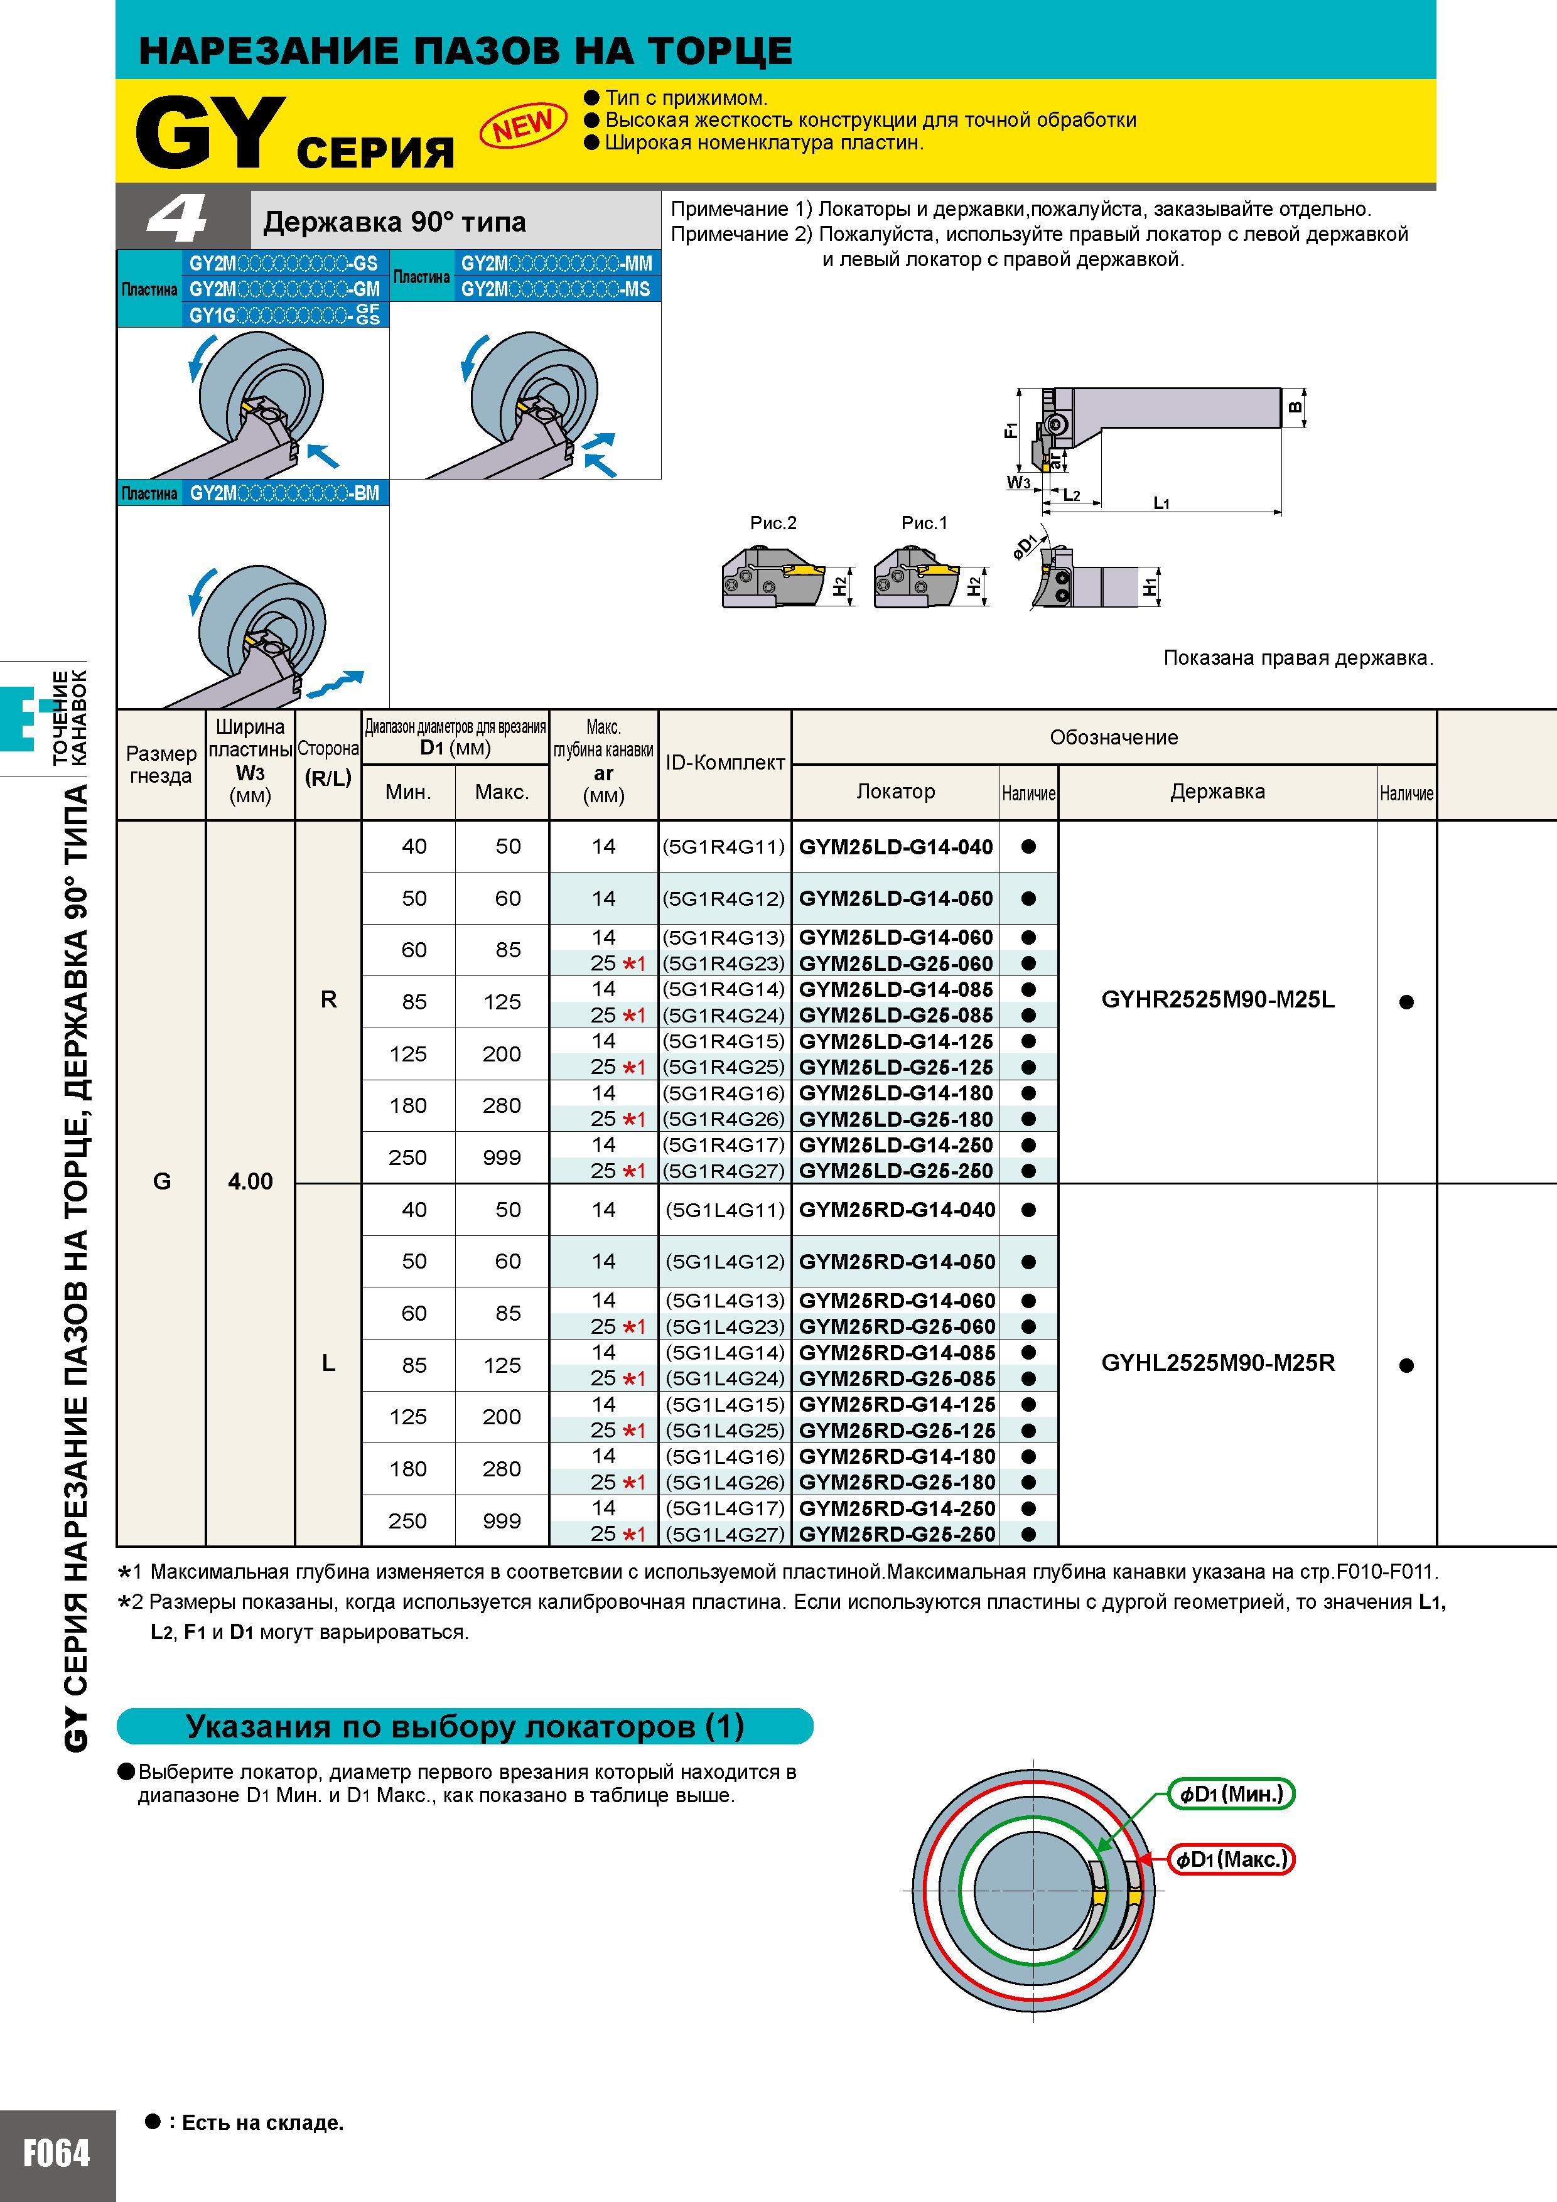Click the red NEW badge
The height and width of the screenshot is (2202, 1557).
tap(523, 125)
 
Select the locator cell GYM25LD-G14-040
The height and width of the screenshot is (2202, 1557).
tap(896, 847)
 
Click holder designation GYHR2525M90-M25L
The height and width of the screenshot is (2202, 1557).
tap(1217, 1001)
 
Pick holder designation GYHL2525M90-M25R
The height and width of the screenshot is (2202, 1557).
tap(1217, 1363)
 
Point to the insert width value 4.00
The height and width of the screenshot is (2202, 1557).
tap(251, 1181)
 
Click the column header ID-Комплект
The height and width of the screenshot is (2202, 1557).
tap(725, 763)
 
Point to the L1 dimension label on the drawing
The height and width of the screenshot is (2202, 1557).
tap(1161, 503)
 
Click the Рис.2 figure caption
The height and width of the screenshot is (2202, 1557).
tap(773, 523)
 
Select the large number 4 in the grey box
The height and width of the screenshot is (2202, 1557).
tap(178, 220)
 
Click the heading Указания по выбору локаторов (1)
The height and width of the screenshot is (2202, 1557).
tap(465, 1726)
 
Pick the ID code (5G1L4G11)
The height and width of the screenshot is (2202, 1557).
tap(725, 1210)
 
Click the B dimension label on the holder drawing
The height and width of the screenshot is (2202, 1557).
tap(1295, 407)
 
